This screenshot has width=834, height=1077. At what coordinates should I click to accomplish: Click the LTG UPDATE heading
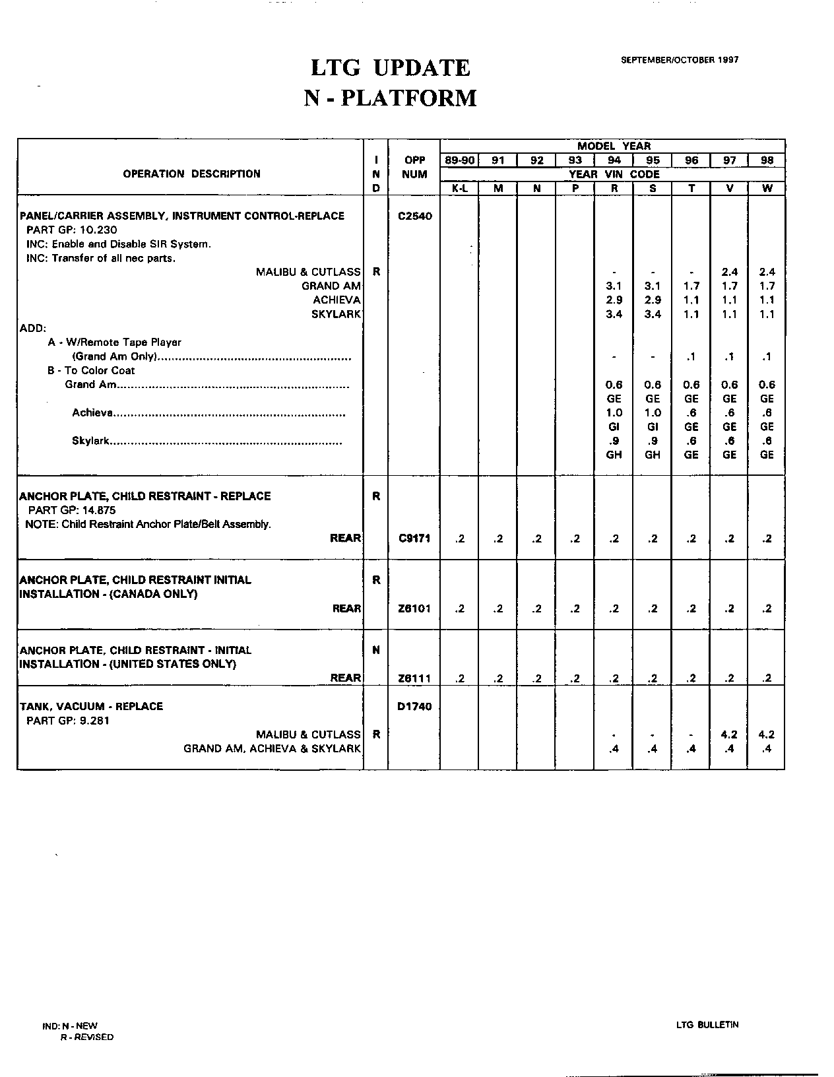coord(390,68)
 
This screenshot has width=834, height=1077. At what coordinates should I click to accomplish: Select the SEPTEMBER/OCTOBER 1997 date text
coord(680,59)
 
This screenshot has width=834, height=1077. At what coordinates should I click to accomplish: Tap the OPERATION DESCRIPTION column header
coord(191,174)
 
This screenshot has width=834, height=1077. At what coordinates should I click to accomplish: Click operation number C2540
coord(414,216)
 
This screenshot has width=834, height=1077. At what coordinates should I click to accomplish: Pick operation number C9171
coord(414,538)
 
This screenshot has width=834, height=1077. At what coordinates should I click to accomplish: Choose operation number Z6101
coord(414,608)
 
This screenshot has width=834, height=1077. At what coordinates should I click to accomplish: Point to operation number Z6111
coord(414,678)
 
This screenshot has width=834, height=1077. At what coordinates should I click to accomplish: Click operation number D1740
coord(414,707)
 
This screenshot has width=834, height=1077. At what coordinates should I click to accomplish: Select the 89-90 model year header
coord(459,160)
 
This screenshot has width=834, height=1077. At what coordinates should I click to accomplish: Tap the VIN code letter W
coord(767,188)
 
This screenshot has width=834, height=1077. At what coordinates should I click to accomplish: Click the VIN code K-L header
coord(459,188)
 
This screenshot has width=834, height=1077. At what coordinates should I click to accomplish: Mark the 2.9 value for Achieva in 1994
coord(614,300)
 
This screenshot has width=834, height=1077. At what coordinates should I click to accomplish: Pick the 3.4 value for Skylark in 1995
coord(653,314)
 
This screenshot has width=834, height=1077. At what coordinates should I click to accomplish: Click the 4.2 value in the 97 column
coord(729,734)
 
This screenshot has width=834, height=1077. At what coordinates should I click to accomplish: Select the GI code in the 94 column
coord(614,427)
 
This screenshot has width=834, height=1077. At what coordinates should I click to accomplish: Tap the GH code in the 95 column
coord(653,455)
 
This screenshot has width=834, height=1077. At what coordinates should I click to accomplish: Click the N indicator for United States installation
coord(376,650)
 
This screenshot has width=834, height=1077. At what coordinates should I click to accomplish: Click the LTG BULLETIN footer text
coord(707,1025)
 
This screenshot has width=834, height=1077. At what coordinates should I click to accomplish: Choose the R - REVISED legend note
coord(86,1037)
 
